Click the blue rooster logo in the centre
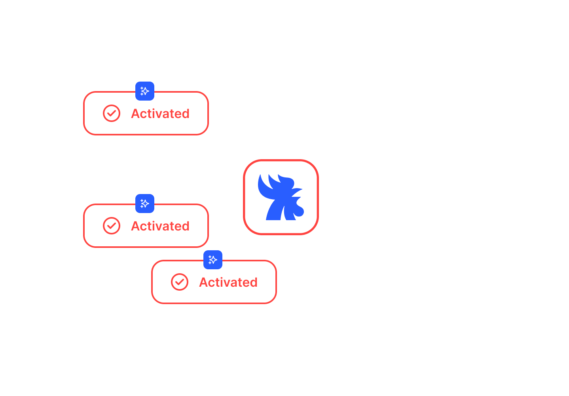pyautogui.click(x=281, y=197)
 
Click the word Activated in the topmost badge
pyautogui.click(x=160, y=114)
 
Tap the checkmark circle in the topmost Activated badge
pyautogui.click(x=112, y=114)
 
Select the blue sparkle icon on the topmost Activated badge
pyautogui.click(x=145, y=91)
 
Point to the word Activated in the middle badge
pyautogui.click(x=160, y=226)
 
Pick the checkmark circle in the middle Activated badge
pyautogui.click(x=112, y=226)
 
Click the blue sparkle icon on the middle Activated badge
pyautogui.click(x=145, y=204)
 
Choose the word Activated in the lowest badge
pyautogui.click(x=228, y=282)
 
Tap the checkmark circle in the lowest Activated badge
pyautogui.click(x=180, y=282)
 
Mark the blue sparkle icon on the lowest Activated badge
pyautogui.click(x=213, y=260)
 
